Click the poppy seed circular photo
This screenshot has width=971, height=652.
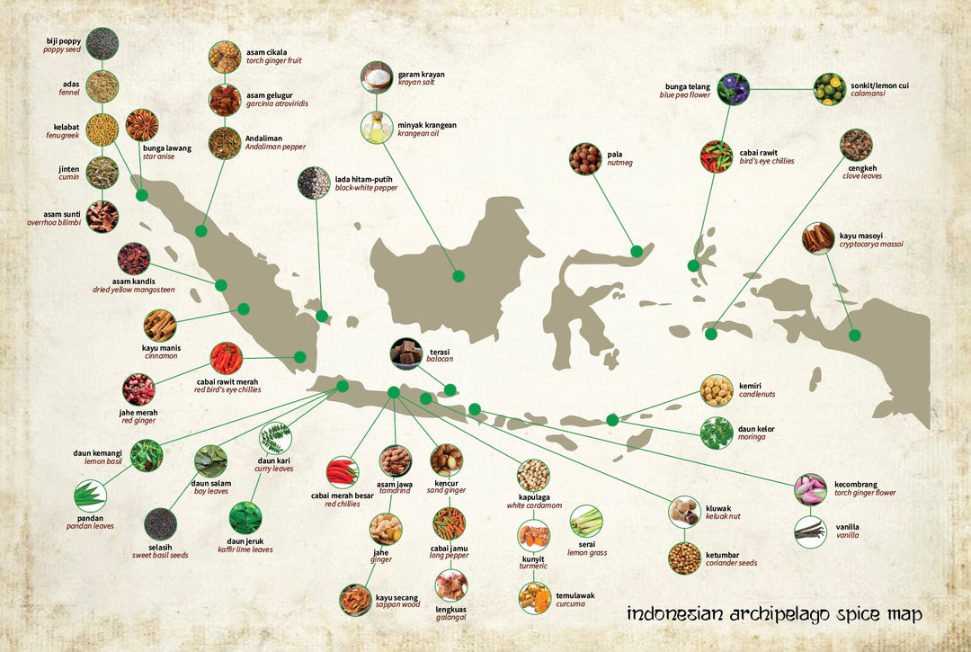[102, 44]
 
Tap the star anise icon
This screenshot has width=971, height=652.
[142, 125]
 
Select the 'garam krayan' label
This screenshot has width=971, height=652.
[422, 75]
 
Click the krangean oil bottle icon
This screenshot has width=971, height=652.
[377, 128]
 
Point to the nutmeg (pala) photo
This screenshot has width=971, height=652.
[585, 158]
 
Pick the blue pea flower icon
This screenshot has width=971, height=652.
[734, 89]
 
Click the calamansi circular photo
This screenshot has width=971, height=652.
[829, 89]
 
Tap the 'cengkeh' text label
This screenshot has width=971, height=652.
[862, 167]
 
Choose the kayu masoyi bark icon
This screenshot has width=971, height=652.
[819, 238]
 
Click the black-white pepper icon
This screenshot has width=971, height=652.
[314, 183]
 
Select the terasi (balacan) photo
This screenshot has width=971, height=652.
[406, 353]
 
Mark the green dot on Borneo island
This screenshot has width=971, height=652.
[459, 276]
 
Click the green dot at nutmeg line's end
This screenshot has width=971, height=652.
[637, 251]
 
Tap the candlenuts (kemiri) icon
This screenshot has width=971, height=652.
[717, 390]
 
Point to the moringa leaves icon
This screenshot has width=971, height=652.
[717, 433]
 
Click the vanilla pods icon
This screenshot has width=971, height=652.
[810, 531]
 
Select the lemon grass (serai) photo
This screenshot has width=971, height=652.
[586, 521]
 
